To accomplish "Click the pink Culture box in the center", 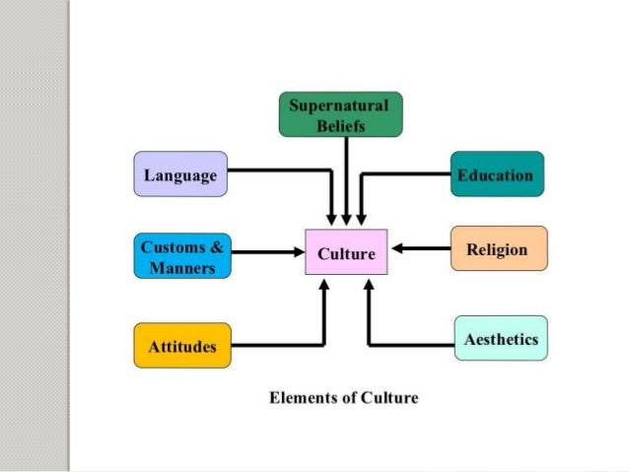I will pyautogui.click(x=346, y=253).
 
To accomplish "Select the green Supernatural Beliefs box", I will pyautogui.click(x=340, y=114).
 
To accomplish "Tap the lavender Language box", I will pyautogui.click(x=180, y=175).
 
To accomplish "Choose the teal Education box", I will pyautogui.click(x=496, y=175).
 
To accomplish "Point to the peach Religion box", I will pyautogui.click(x=498, y=249).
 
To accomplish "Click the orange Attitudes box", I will pyautogui.click(x=182, y=346).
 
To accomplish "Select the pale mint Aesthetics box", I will pyautogui.click(x=500, y=339).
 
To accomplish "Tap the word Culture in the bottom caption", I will pyautogui.click(x=388, y=399).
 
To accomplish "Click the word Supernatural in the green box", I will pyautogui.click(x=340, y=104).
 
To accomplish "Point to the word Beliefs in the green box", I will pyautogui.click(x=340, y=125).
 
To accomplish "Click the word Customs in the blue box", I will pyautogui.click(x=172, y=245).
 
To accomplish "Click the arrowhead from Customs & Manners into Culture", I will pyautogui.click(x=298, y=253).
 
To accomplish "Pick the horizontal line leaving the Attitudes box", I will pyautogui.click(x=276, y=345).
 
